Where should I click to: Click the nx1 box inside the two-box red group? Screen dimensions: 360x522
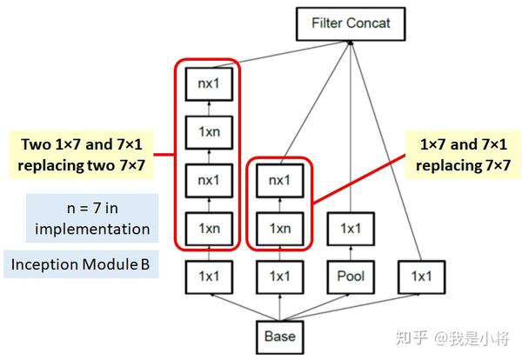[x=279, y=182]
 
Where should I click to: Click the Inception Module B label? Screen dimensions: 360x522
[x=80, y=263]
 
